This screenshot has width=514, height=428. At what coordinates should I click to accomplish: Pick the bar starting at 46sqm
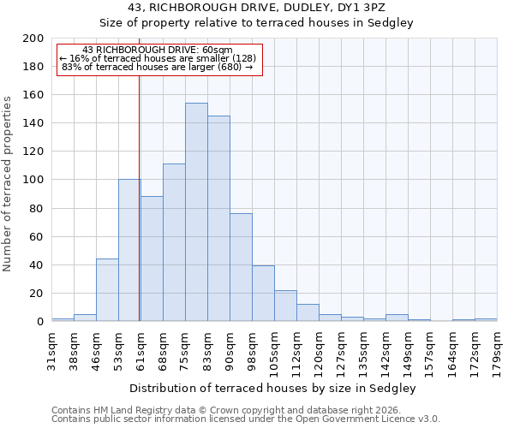tap(107, 290)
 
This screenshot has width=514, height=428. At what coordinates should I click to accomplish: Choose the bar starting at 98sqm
tap(263, 294)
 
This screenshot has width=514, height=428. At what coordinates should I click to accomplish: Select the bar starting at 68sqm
tap(174, 242)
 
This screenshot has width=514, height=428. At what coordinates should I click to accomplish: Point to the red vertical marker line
tap(139, 197)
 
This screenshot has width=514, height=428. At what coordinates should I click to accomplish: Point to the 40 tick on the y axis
tap(37, 265)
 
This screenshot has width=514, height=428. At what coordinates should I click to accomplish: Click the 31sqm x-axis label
tap(51, 348)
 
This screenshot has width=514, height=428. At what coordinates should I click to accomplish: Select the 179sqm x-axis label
tap(497, 350)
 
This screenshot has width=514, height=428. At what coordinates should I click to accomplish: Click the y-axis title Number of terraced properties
tap(8, 183)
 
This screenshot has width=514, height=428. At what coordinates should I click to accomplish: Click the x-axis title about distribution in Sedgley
tap(274, 388)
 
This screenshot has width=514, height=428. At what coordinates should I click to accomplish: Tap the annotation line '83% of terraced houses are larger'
tap(157, 67)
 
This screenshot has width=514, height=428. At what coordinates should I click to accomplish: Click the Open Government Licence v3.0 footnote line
tap(246, 419)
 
